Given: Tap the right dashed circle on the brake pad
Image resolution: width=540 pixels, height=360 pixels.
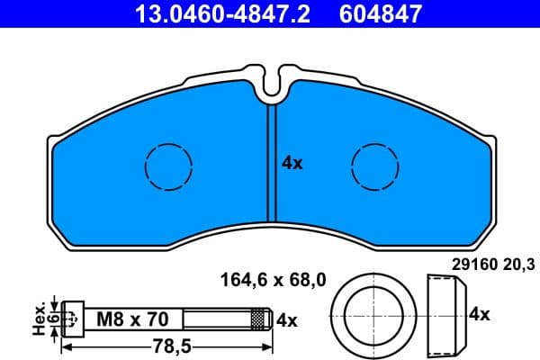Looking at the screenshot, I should [x=375, y=166].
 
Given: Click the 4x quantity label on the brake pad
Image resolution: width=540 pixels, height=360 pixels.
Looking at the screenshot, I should [x=292, y=163].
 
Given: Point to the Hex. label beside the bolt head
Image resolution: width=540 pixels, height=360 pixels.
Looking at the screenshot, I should [x=39, y=319].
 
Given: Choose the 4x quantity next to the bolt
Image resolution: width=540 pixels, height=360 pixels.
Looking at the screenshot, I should [x=286, y=319].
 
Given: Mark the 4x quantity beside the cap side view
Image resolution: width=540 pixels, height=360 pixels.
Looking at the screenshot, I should [x=479, y=314].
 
